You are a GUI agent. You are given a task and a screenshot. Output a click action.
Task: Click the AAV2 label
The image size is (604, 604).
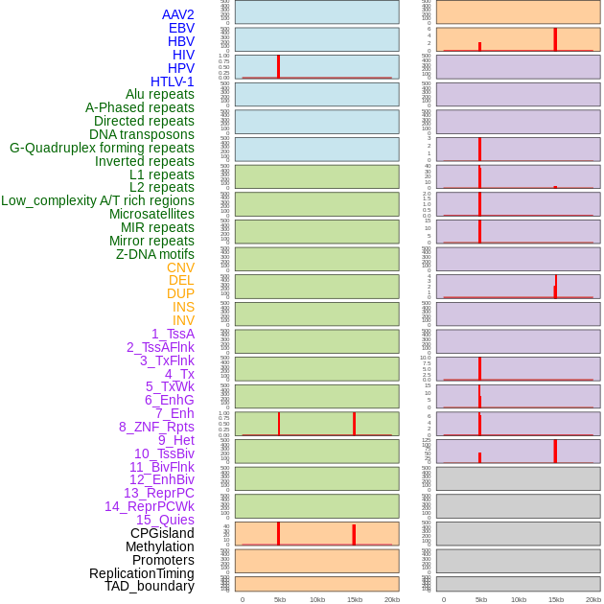coord(178,14)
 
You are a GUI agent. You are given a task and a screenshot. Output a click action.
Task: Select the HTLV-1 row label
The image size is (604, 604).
coord(173,81)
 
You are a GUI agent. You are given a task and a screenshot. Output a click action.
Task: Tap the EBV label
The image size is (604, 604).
coord(181,28)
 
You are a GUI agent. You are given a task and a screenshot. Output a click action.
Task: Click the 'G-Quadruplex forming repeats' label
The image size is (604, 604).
coord(102,148)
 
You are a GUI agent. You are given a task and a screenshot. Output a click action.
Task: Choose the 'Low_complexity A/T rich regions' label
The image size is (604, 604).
coord(98,200)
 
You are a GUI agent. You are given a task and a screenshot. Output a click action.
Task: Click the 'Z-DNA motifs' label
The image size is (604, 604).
coord(155,254)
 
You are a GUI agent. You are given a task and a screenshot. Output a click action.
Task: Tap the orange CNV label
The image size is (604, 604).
coord(180,267)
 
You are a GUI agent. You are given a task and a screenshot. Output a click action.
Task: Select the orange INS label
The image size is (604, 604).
coord(183,307)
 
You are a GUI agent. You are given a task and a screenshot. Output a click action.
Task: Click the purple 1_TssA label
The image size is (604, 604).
coord(173,334)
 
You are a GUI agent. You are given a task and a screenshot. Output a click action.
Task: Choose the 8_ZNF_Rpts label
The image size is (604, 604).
coord(156,427)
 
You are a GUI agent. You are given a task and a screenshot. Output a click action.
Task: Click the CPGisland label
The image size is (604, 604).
coord(162,533)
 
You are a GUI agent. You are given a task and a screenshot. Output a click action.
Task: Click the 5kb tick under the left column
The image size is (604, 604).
coord(280,599)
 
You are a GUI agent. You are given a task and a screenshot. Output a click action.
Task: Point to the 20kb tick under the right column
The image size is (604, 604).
coord(593,599)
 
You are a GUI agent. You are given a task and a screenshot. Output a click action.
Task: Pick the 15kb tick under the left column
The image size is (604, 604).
coord(354,599)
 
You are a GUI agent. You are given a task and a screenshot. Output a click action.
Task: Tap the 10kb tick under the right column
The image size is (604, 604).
coord(519,599)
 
